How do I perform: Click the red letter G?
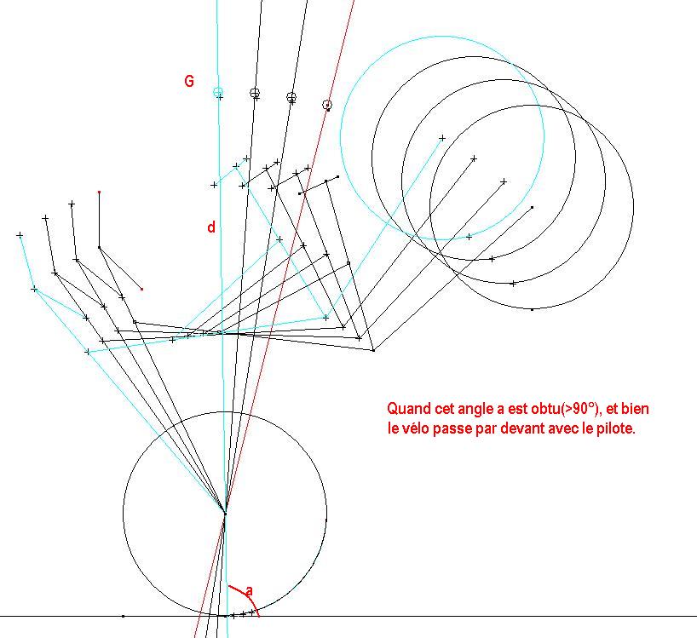tap(189, 81)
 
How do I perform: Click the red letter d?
tap(211, 227)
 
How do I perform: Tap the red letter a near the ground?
tap(250, 591)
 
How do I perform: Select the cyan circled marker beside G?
tap(218, 92)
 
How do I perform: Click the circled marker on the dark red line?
tap(327, 105)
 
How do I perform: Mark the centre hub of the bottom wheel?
tap(225, 514)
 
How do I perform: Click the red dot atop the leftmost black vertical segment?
tap(99, 192)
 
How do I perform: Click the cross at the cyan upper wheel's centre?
tap(442, 138)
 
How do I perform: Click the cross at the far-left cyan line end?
tap(20, 234)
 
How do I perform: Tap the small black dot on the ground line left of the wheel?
tap(124, 616)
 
